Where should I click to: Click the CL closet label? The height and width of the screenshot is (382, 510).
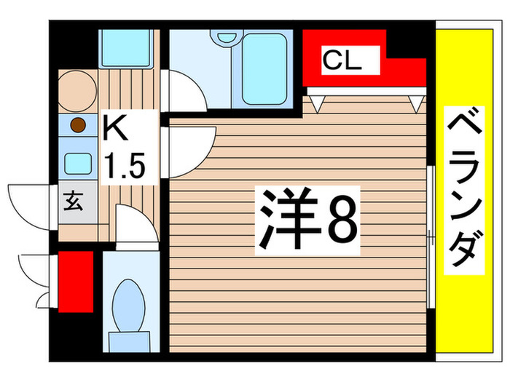click(x=342, y=60)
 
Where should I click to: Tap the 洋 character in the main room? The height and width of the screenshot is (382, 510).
click(x=286, y=218)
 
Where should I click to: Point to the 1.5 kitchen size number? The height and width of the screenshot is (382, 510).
click(x=127, y=166)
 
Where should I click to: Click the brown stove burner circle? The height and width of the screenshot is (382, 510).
click(x=78, y=127)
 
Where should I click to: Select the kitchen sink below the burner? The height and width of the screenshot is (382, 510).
click(x=77, y=162)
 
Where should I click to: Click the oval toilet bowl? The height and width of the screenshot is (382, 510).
click(x=129, y=302)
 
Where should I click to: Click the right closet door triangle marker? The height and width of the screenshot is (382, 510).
click(x=417, y=103)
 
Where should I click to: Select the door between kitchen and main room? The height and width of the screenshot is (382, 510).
click(x=191, y=149)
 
